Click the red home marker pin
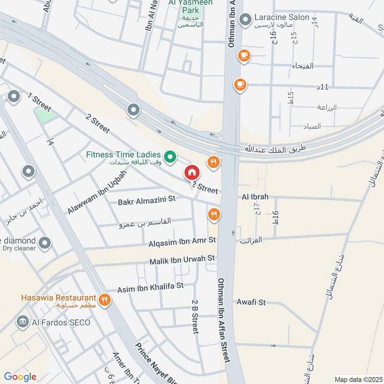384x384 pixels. (192, 172)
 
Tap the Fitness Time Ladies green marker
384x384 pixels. (169, 156)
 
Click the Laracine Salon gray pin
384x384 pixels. (246, 20)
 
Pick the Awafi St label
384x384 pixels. (251, 302)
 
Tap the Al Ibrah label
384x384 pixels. (255, 197)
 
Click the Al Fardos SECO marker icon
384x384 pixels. (22, 322)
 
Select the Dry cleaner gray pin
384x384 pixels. (45, 243)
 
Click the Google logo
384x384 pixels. (20, 377)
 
